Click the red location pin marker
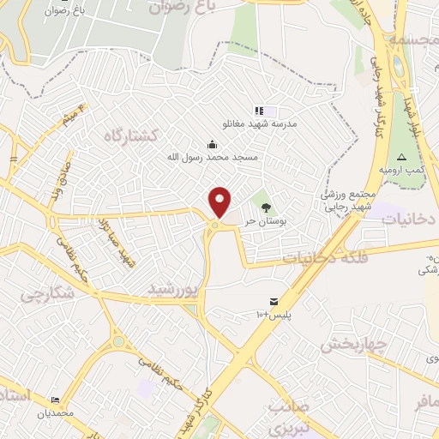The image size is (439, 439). (220, 201)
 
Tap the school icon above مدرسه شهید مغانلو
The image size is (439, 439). (259, 111)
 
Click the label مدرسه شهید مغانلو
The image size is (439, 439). (260, 124)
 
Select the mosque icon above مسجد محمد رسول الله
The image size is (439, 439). (212, 144)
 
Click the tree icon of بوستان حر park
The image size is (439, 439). (266, 207)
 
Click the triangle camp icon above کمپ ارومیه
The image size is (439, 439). (401, 158)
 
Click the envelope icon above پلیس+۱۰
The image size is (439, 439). (274, 301)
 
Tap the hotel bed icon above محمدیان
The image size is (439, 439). (56, 400)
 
